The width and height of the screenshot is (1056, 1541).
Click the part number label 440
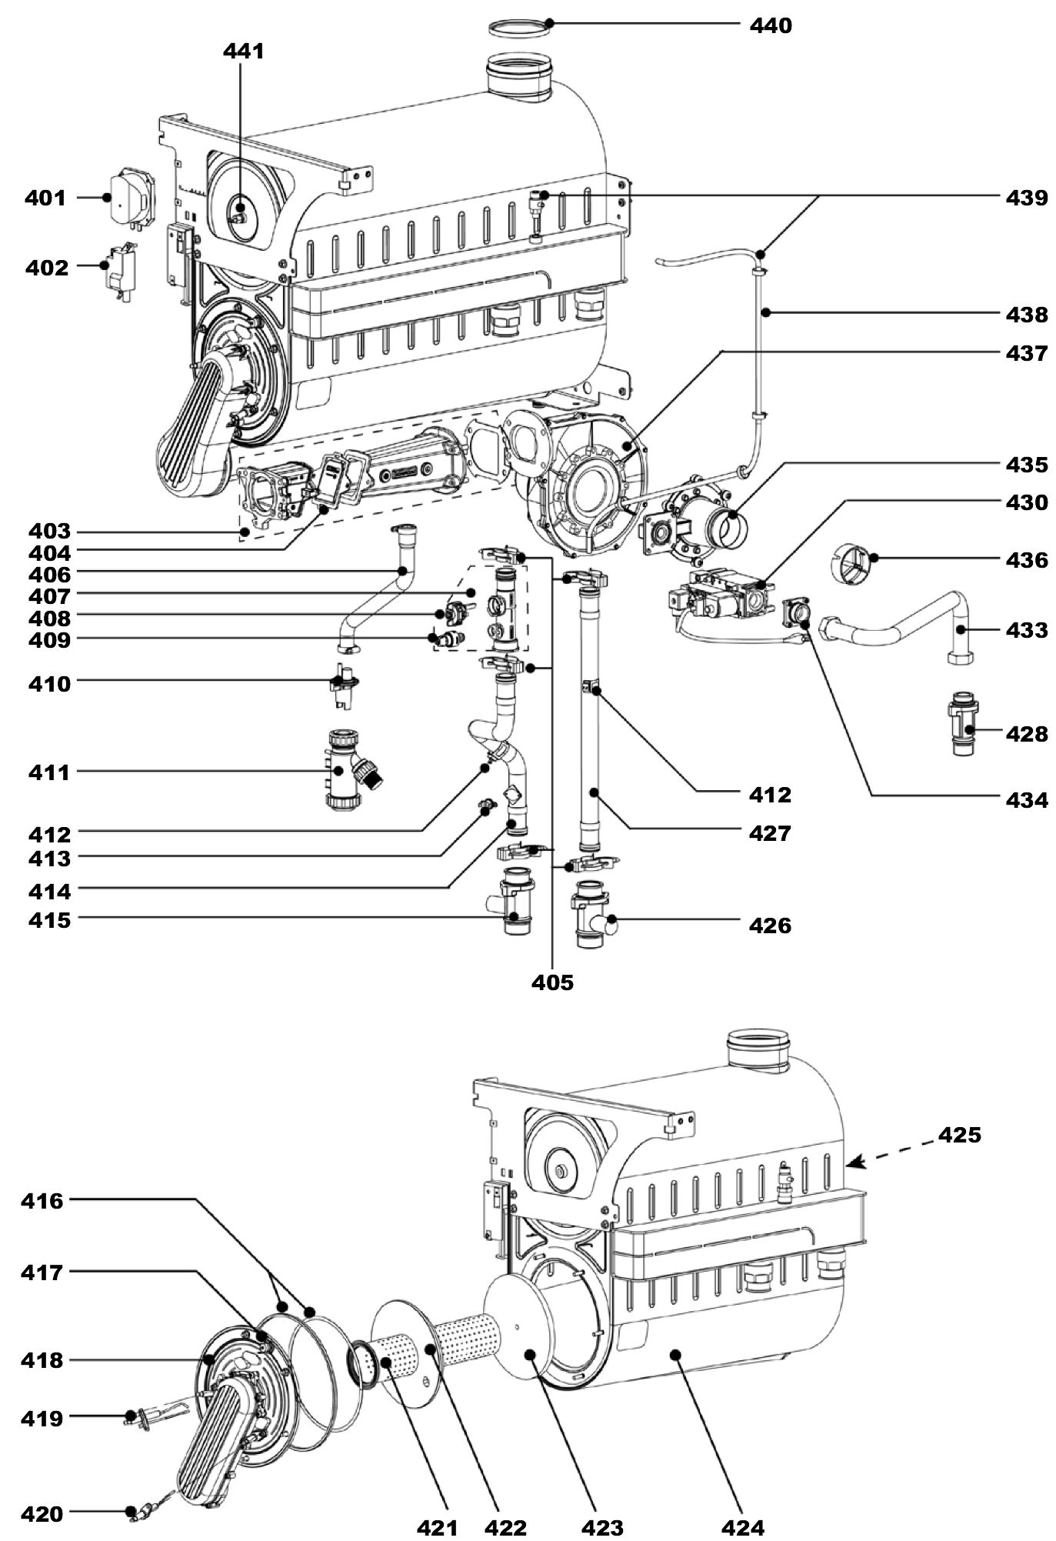[x=770, y=25]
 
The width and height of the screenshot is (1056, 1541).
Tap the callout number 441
[x=243, y=51]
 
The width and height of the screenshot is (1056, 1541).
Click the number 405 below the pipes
[x=552, y=982]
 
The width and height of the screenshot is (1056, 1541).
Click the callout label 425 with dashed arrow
[x=959, y=1135]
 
